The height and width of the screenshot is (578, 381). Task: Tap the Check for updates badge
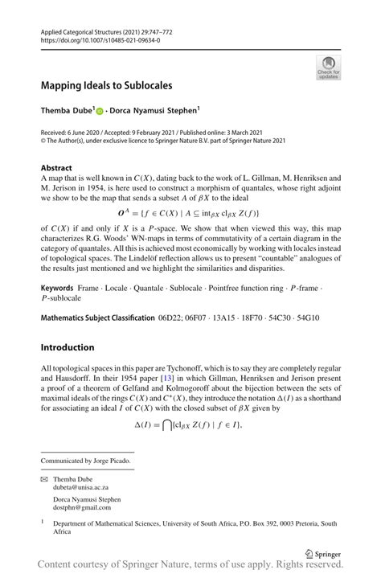pos(328,68)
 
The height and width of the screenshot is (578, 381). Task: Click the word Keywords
pos(59,288)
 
